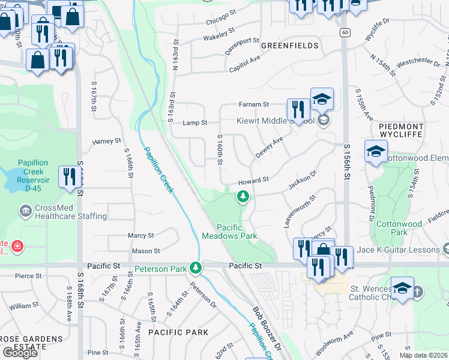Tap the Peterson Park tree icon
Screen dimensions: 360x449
(x=194, y=267)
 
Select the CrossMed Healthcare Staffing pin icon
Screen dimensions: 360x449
(x=26, y=211)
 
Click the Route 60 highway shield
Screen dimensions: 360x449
(x=344, y=32)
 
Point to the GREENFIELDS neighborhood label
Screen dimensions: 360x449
(x=289, y=46)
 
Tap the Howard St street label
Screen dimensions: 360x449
(x=253, y=180)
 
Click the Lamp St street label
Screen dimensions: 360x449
(x=195, y=122)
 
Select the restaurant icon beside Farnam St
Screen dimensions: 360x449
(x=298, y=109)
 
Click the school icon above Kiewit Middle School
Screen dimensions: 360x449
(x=322, y=99)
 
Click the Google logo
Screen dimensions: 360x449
(x=20, y=353)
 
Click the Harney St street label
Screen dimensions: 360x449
(x=107, y=142)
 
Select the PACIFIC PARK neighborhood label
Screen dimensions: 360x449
(x=178, y=332)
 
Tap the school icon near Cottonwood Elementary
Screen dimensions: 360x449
(x=376, y=151)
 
